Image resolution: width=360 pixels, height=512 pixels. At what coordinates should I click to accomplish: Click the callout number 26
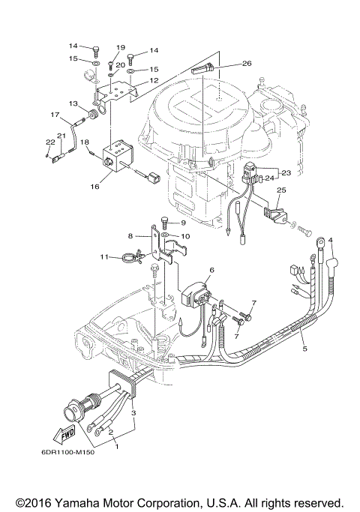(247, 64)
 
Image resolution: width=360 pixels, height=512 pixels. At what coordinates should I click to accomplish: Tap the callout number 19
(121, 47)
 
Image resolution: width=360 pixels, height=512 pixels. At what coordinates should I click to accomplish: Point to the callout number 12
(153, 80)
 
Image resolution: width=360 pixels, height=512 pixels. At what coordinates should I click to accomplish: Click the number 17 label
(55, 115)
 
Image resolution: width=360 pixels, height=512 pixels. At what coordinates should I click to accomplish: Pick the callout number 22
(49, 142)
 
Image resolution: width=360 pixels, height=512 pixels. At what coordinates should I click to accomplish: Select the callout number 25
(280, 191)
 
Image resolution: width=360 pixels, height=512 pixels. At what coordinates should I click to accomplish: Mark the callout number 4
(330, 240)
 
